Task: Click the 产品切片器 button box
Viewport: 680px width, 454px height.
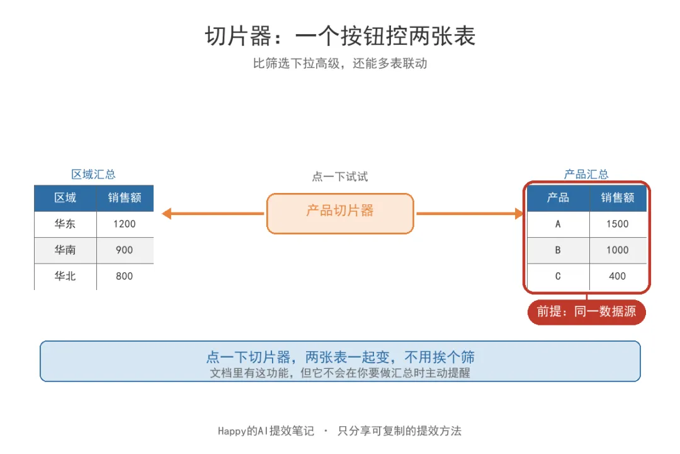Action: point(340,213)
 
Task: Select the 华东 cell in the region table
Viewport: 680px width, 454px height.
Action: point(65,224)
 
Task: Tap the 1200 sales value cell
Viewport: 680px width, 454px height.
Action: point(125,224)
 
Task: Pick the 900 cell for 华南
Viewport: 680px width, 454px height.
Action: point(125,250)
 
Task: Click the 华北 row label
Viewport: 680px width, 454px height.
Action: point(65,276)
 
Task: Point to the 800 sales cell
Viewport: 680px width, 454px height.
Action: point(125,276)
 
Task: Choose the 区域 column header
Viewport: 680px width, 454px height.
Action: point(65,198)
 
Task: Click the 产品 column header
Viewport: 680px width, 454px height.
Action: point(558,198)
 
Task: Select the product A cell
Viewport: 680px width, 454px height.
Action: point(558,224)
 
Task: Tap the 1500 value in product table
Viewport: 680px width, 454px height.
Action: point(618,224)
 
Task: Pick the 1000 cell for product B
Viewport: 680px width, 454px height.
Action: point(618,250)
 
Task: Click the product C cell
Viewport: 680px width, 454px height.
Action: point(558,276)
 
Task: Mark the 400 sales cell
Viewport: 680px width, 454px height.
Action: point(618,276)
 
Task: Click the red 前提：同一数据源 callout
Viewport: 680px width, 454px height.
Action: point(586,312)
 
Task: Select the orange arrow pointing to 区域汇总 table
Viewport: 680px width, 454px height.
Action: point(213,213)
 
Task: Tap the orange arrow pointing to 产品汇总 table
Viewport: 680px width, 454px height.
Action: point(470,213)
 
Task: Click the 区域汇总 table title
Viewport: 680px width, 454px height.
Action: point(94,175)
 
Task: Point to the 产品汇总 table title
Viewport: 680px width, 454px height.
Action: point(586,175)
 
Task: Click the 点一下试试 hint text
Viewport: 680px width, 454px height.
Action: point(340,177)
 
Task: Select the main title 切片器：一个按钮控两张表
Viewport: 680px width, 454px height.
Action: point(341,35)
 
